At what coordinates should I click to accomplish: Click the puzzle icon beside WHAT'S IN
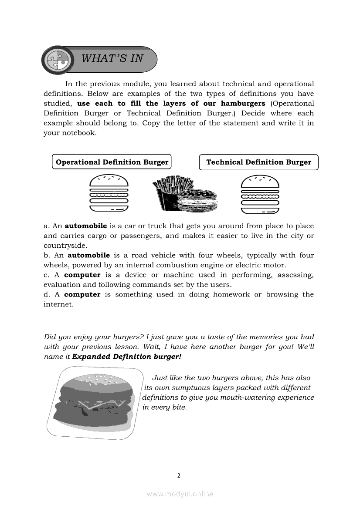point(56,59)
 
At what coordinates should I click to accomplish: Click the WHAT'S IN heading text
point(112,58)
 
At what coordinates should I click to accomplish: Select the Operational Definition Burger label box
point(112,162)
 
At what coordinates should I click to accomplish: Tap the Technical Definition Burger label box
point(258,162)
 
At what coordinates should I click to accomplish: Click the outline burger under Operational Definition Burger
point(109,193)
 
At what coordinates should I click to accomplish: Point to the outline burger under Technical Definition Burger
point(260,195)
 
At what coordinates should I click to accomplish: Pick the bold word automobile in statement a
point(86,226)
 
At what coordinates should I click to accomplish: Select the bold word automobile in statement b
point(89,255)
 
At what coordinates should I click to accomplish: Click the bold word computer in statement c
point(82,275)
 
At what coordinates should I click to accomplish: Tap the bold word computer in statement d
point(82,294)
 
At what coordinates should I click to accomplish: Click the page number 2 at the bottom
point(179,476)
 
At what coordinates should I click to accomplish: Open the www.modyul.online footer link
point(180,494)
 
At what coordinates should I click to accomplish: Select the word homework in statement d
point(232,294)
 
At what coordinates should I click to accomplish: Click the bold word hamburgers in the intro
point(243,104)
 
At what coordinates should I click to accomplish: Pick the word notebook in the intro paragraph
point(82,133)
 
